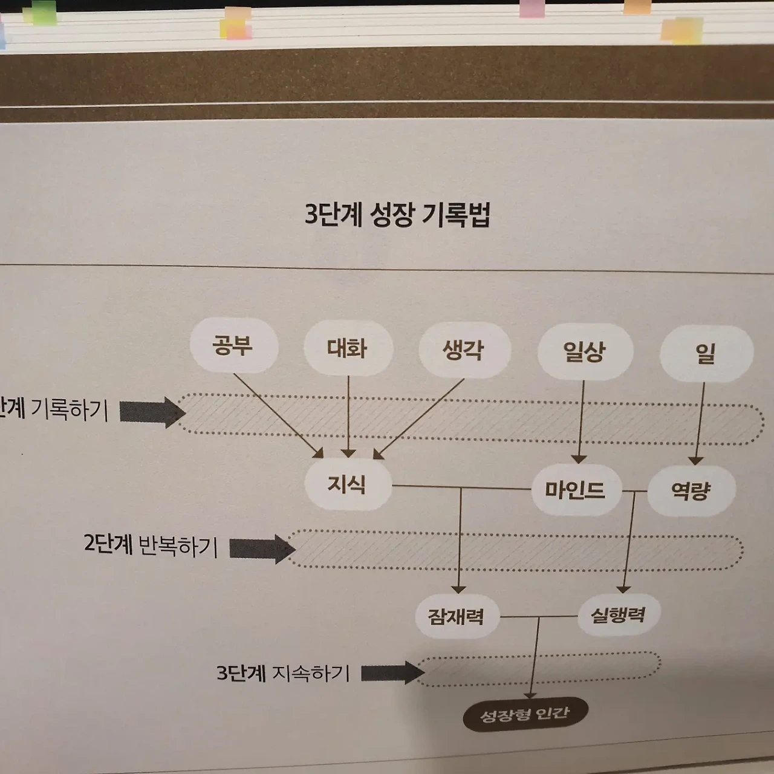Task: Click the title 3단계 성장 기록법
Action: coord(397,215)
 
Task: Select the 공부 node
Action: coord(233,345)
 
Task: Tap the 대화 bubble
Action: coord(348,348)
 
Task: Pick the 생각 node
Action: coord(464,350)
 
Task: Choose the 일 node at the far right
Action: coord(706,354)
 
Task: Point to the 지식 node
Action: coord(347,484)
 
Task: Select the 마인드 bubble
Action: coord(575,489)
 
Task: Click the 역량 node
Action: coord(691,490)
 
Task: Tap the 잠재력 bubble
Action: coord(456,616)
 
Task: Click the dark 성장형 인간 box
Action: coord(524,715)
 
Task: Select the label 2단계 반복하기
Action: coord(151,545)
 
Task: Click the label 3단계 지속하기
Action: coord(284,673)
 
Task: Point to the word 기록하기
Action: coord(69,410)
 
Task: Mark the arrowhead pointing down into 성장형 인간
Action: coord(531,694)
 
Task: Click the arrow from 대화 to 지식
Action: coord(348,417)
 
